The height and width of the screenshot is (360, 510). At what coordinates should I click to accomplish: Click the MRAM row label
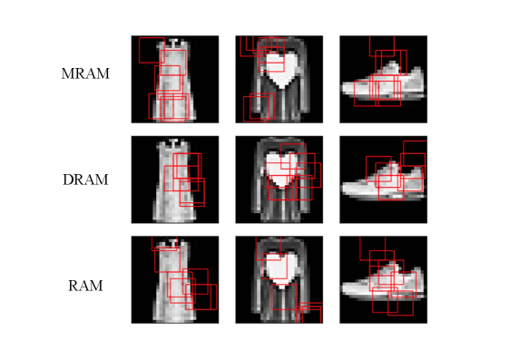pos(85,73)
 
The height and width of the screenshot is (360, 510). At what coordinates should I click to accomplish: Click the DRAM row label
pos(85,180)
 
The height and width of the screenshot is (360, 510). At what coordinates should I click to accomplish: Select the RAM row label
pos(85,286)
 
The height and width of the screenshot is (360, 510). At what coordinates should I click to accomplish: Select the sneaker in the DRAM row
pos(384,181)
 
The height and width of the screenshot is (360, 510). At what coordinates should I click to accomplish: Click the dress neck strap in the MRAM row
pos(173,43)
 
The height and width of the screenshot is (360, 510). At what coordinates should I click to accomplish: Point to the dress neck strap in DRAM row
pos(173,143)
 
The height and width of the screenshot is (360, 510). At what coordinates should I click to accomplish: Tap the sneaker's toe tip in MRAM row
pos(343,88)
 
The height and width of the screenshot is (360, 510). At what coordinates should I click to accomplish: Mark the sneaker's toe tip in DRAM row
pos(343,189)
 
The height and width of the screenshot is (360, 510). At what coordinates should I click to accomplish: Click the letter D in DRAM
pos(67,180)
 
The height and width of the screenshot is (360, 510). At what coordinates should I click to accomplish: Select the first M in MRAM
pos(68,73)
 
